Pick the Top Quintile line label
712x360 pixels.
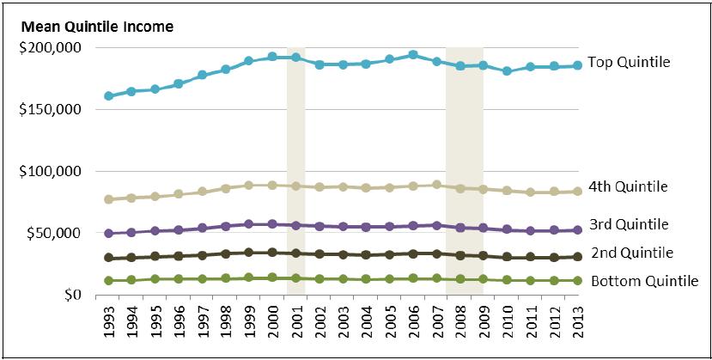(x=628, y=63)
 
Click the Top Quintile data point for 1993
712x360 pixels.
(x=109, y=96)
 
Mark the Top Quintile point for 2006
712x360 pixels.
(x=413, y=55)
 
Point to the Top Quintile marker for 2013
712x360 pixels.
(x=576, y=65)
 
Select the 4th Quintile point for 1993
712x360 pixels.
(x=109, y=199)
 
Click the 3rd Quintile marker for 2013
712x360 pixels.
(x=576, y=230)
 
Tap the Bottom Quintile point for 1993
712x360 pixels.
(x=109, y=280)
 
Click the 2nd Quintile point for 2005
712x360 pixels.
(x=390, y=254)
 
